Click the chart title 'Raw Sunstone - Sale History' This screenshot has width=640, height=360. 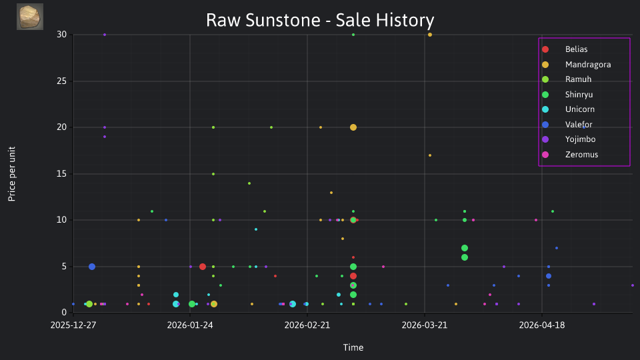coord(320,20)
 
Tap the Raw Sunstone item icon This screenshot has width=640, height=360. coord(30,17)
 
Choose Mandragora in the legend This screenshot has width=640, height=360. coord(576,65)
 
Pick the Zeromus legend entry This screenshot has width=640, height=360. coord(570,155)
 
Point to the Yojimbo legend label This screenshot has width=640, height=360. coord(580,139)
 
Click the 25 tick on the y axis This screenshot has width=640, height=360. coord(61,81)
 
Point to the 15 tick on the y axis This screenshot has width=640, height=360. coord(61,173)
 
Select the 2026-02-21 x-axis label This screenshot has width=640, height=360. coord(307,325)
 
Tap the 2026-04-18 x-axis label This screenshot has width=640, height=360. coord(541,325)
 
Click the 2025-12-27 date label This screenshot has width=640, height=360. coord(73,325)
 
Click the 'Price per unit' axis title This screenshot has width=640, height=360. coord(11,174)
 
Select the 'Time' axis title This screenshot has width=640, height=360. coord(353,347)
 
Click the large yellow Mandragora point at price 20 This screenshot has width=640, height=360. coord(353,127)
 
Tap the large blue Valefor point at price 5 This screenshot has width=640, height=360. coord(92,267)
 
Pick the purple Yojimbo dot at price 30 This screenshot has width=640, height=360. coord(105,35)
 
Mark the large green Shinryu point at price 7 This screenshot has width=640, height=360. coord(465,248)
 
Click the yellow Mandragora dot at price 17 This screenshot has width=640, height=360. coord(430,155)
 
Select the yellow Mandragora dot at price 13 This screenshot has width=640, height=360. coord(331,193)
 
